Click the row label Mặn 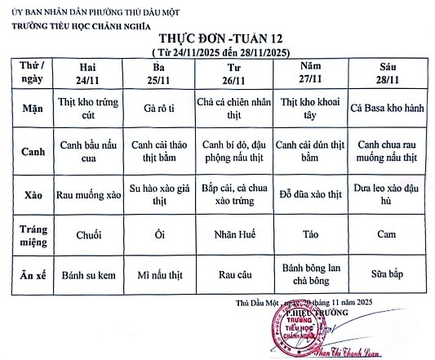click(28, 108)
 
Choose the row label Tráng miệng click(28, 235)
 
